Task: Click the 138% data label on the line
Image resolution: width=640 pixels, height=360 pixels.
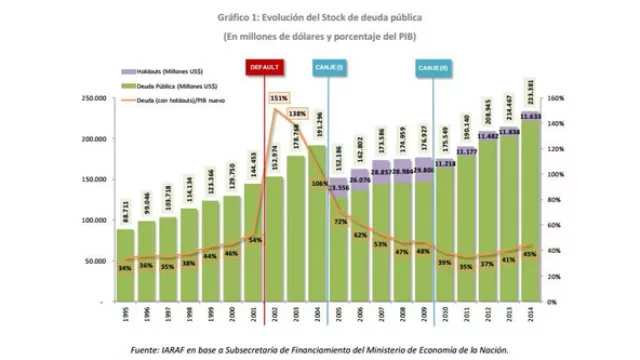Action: (x=298, y=114)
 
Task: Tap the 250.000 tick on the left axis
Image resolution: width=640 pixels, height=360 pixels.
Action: (x=93, y=98)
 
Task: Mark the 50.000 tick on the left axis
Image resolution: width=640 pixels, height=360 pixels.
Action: (x=95, y=260)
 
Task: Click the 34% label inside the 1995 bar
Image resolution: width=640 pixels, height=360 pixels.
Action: (x=125, y=268)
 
